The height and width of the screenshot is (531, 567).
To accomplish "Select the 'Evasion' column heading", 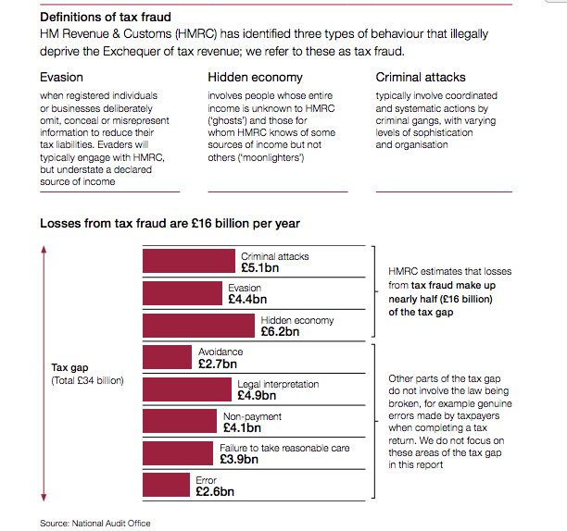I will [x=62, y=77].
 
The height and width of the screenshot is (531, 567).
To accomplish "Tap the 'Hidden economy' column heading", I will [x=252, y=77].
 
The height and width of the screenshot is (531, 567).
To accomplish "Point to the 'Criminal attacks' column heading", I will [x=420, y=77].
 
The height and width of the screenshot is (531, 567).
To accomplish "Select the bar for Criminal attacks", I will [x=189, y=261].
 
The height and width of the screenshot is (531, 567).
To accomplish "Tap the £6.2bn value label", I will [x=281, y=331].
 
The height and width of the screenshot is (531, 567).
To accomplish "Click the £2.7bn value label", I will [x=218, y=364].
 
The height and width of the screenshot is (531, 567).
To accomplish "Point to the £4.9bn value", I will [x=257, y=396].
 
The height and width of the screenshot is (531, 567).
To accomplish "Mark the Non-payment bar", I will [x=181, y=422].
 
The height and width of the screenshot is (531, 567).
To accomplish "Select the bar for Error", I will [x=166, y=486].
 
